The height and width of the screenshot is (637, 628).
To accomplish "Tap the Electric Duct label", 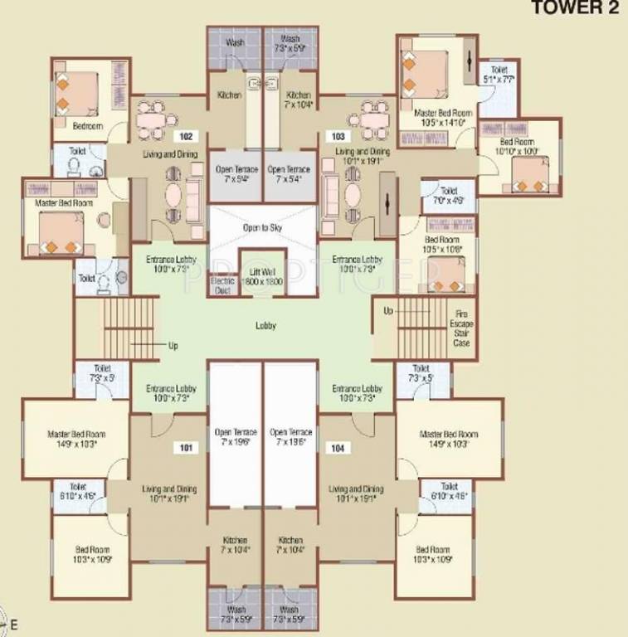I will tap(220, 285).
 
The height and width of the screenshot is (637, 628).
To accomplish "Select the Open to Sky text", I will tap(263, 227).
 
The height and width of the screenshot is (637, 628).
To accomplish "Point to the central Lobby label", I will tap(265, 326).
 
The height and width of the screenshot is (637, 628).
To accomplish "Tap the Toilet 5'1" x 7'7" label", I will tap(498, 75).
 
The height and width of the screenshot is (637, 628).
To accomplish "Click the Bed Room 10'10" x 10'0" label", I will tap(518, 147).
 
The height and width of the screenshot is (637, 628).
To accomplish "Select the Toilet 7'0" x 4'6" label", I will tap(448, 196).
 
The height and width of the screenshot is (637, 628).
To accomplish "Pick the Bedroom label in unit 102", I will tap(87, 126).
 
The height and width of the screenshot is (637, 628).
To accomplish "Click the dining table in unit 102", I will tap(152, 121).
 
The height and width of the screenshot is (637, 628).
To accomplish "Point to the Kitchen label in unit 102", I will tap(229, 95).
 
